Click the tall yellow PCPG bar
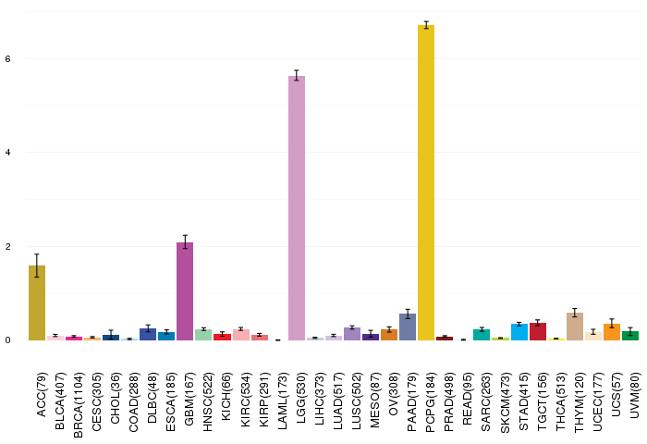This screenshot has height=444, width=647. coord(426,182)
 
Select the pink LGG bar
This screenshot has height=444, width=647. coord(297,208)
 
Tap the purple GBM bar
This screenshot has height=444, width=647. coord(185,291)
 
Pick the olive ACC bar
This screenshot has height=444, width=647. coord(37,302)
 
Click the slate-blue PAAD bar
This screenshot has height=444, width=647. coord(408,327)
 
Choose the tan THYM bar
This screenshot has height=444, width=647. coord(574,327)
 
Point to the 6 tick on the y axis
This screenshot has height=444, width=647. coord(7,59)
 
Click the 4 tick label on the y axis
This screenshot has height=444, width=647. coord(7,153)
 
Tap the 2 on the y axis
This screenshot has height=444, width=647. coord(7,247)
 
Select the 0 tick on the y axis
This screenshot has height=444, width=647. coord(7,340)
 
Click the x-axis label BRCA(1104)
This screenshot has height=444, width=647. coord(78,405)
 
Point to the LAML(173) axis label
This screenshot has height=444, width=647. coord(282,401)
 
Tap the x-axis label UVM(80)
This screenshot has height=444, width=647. coord(635,395)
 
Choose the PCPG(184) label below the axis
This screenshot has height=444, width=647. coord(431,402)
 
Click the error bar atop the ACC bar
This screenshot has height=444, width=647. coord(37,265)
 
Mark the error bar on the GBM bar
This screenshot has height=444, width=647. coord(185,241)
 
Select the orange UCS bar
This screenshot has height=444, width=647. coord(612,332)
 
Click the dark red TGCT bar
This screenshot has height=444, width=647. coord(538,332)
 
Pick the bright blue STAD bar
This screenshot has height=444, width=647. coord(519,332)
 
